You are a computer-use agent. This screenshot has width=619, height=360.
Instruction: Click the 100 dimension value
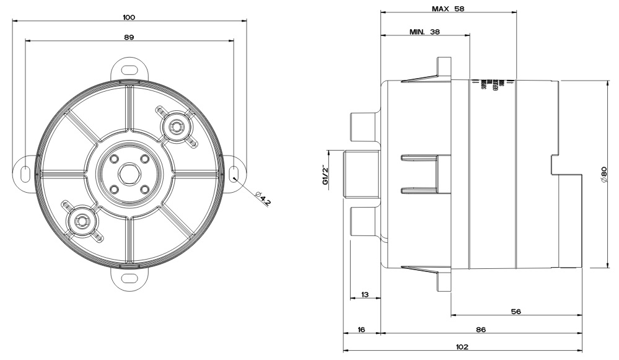click(129, 17)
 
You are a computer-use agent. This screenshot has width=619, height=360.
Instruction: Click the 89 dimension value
click(129, 37)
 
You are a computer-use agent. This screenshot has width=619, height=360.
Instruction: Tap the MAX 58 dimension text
click(448, 9)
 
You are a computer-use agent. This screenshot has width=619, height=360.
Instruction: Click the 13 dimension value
click(365, 294)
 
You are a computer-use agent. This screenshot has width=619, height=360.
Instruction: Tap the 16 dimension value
click(361, 330)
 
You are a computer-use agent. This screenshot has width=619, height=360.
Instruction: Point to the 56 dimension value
click(516, 312)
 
